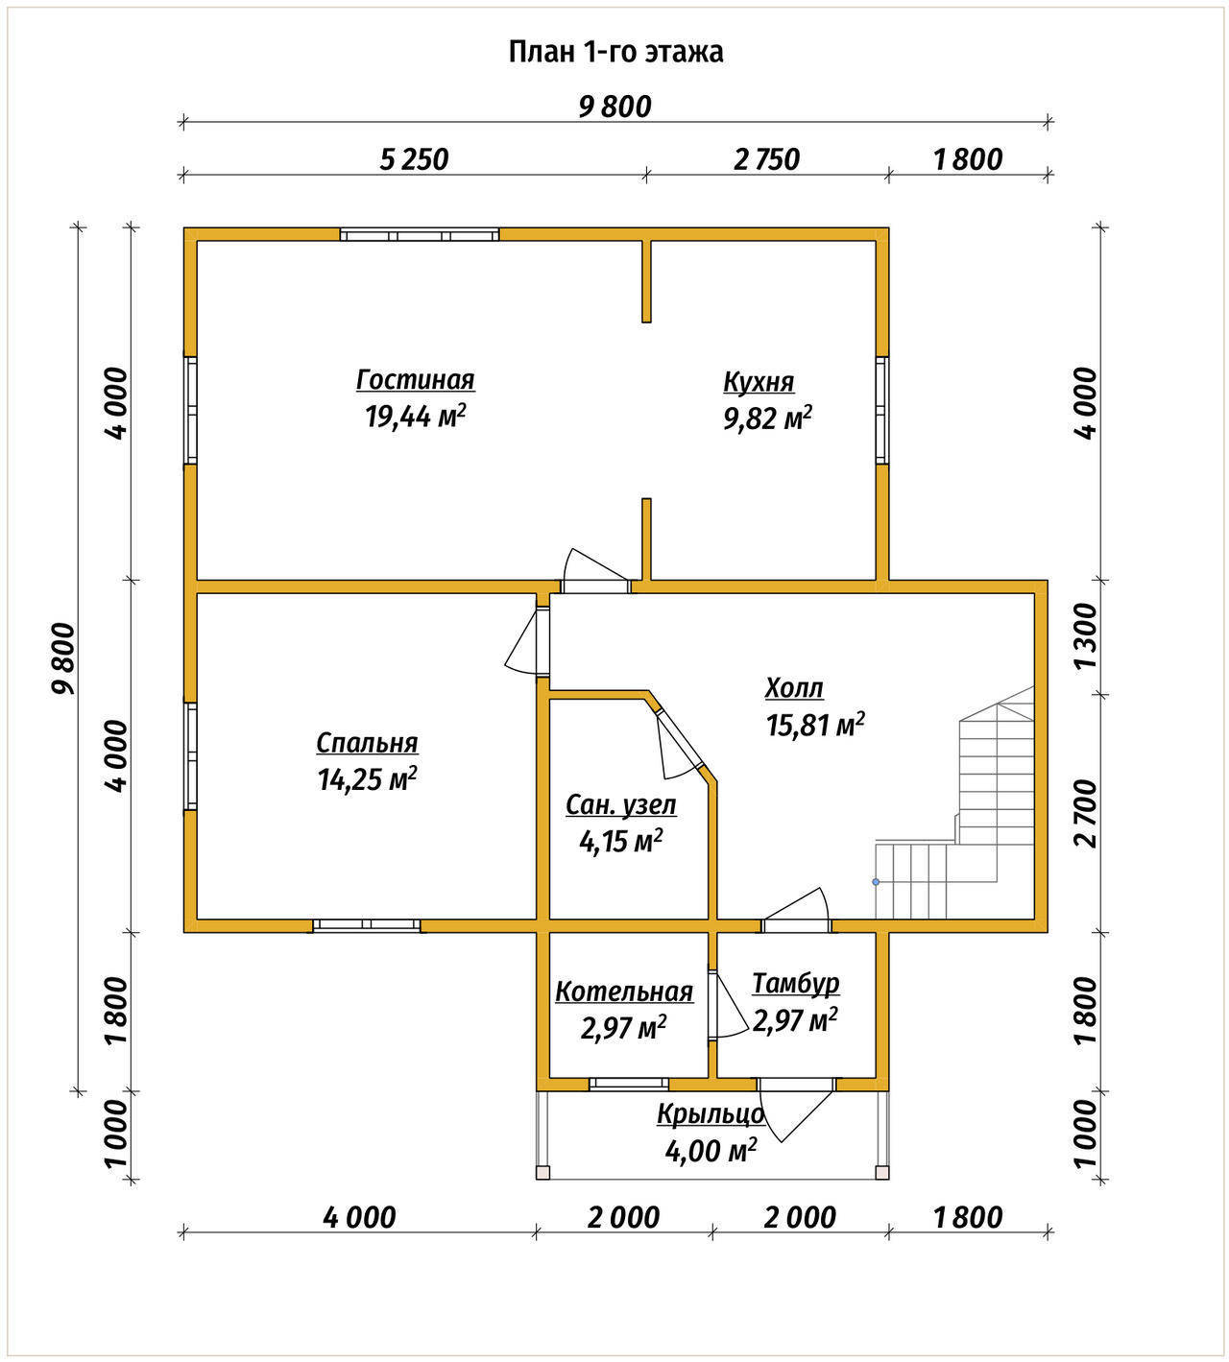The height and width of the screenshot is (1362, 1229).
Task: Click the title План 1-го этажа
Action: [x=615, y=52]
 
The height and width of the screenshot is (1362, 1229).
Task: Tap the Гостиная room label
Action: [x=415, y=379]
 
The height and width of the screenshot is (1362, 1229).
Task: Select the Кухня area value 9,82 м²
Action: [x=768, y=418]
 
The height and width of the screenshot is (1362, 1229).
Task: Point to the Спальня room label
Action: [x=367, y=744]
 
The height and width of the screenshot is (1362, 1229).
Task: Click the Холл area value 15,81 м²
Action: [x=815, y=725]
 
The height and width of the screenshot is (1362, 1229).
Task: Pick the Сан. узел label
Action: [x=621, y=805]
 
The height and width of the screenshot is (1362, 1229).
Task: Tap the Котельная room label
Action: [x=624, y=992]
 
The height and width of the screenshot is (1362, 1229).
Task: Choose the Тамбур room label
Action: [x=796, y=984]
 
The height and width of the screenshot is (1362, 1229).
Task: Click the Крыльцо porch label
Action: [x=711, y=1114]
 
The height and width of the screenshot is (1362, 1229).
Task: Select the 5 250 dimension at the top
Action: [x=414, y=159]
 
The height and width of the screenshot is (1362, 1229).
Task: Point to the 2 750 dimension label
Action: [x=766, y=159]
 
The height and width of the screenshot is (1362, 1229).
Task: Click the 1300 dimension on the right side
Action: [x=1086, y=636]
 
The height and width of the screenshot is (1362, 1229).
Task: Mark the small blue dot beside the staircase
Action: [x=876, y=882]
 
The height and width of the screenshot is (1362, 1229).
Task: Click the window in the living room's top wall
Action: [x=420, y=235]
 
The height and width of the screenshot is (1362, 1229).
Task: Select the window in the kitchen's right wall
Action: [x=881, y=410]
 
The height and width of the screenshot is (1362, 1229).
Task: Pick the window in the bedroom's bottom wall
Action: [x=366, y=924]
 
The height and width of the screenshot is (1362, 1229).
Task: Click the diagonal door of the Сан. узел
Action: [x=680, y=740]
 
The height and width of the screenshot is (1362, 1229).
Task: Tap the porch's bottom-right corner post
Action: [x=881, y=1173]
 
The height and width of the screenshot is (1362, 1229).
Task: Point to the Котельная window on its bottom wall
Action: [x=629, y=1085]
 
